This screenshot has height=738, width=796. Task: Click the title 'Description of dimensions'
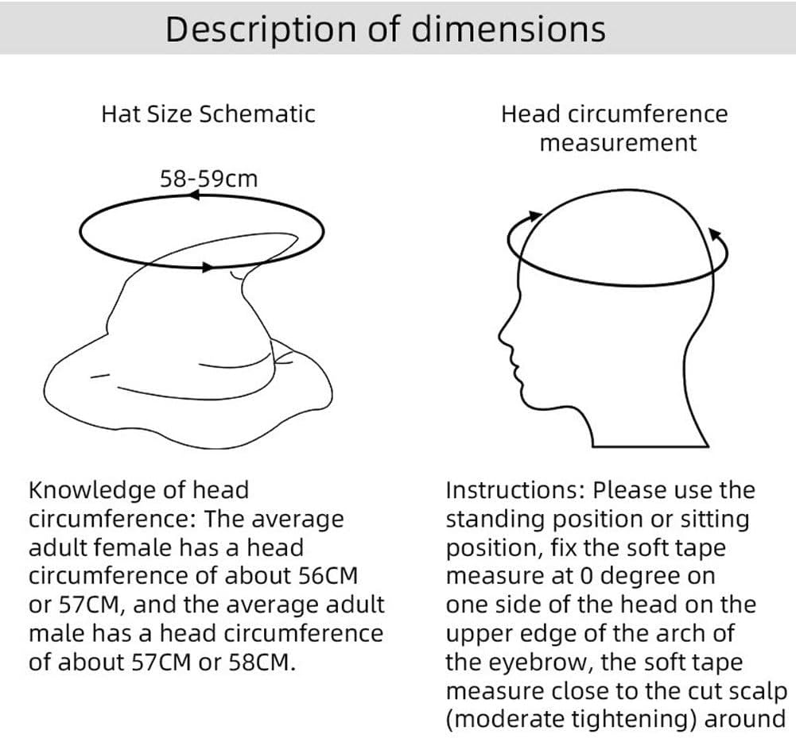pos(385,29)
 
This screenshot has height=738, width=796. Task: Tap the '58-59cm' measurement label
pos(209,178)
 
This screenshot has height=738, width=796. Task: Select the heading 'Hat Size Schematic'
pos(208,114)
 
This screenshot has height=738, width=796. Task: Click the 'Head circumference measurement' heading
pos(614,128)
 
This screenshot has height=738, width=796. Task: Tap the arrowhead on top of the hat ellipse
pos(193,196)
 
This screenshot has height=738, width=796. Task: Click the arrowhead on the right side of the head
pos(713,234)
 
